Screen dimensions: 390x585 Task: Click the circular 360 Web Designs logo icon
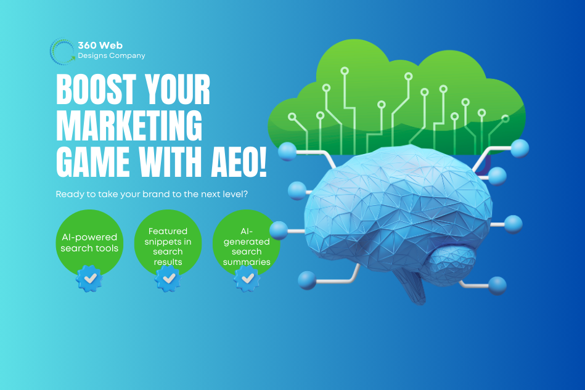tap(62, 51)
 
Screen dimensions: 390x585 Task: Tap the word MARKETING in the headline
tap(129, 125)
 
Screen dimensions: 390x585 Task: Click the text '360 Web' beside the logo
tap(100, 46)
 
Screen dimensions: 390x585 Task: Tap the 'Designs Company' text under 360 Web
tap(112, 55)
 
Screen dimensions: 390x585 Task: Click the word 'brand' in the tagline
tap(163, 193)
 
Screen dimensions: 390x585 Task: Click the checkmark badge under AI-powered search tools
tap(89, 278)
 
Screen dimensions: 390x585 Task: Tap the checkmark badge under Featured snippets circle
tap(168, 278)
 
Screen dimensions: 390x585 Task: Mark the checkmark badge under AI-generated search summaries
tap(247, 278)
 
